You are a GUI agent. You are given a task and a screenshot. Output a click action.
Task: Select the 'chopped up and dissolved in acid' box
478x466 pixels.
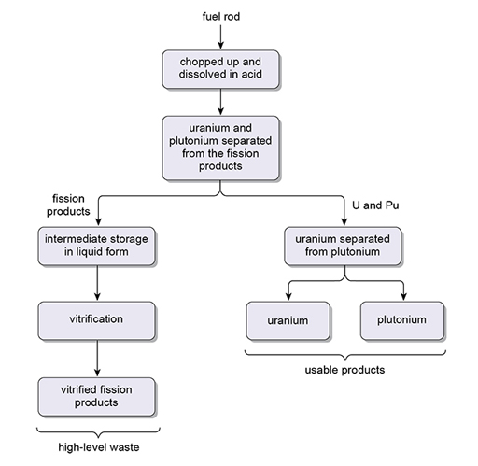[x=220, y=68]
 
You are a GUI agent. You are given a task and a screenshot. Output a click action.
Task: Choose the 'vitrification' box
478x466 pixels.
[x=96, y=319]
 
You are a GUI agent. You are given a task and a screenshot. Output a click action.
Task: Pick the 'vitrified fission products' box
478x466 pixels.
[x=96, y=396]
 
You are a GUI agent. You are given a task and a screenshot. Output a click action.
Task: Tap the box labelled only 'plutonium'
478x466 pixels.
[x=402, y=319]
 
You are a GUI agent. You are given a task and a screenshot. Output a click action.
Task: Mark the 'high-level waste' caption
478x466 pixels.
[x=96, y=448]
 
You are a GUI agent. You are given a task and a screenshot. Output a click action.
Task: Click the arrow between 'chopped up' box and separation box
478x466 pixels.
[x=220, y=102]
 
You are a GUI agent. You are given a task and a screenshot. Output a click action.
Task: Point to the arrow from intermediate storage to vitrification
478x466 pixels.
[x=96, y=282]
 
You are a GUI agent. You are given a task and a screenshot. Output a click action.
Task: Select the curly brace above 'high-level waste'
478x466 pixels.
[x=96, y=430]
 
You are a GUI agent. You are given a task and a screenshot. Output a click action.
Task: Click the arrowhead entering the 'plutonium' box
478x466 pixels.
[x=402, y=296]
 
